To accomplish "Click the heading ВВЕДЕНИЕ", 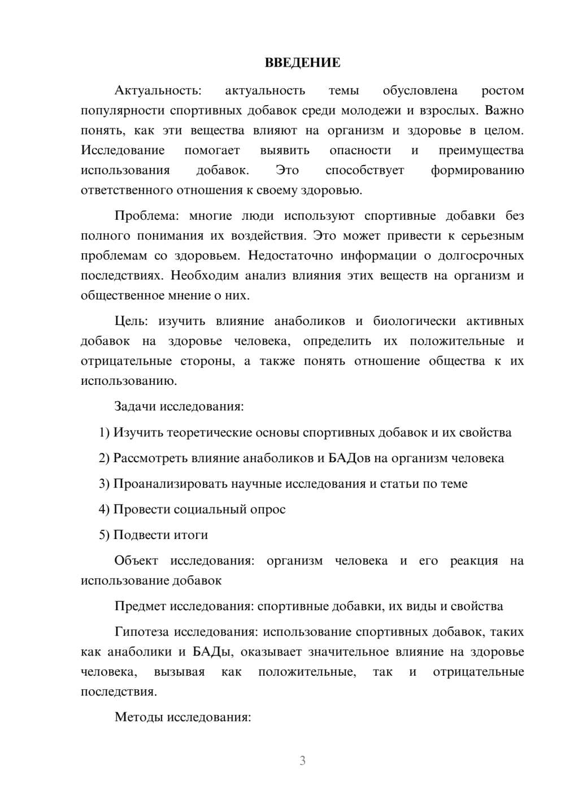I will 302,63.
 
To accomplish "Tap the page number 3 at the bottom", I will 302,761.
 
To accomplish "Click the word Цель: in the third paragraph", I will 131,322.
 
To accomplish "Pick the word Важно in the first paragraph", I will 504,110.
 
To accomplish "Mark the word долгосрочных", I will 483,255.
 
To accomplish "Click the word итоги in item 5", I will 191,535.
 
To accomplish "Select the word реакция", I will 474,561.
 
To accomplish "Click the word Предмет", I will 140,606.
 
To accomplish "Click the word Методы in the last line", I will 138,718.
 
